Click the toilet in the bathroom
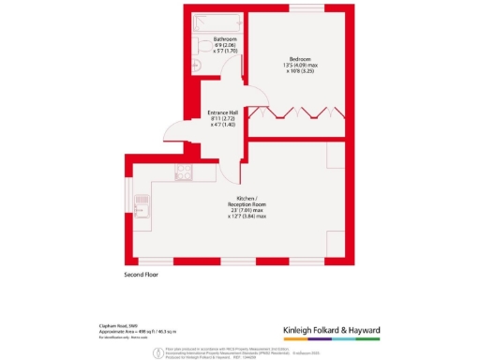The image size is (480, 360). pyautogui.click(x=197, y=64)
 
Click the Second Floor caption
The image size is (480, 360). pyautogui.click(x=143, y=275)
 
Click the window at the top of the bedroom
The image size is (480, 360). pyautogui.click(x=300, y=7)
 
